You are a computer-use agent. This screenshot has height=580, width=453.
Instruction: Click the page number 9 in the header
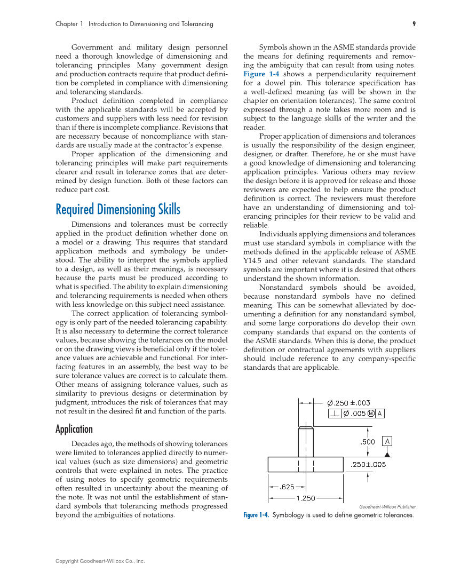414,24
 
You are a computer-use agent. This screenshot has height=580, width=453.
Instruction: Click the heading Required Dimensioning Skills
118,209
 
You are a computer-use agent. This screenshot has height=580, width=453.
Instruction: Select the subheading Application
74,429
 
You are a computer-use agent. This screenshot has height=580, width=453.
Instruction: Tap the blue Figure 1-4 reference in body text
261,74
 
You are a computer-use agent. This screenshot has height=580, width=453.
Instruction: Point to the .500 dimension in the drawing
368,442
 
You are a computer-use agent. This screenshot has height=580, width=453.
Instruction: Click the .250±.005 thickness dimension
367,465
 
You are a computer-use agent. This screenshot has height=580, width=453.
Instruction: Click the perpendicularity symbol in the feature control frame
335,413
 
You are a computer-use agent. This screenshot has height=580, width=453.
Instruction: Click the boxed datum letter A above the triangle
387,441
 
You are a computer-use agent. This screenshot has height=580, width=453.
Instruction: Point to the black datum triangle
388,454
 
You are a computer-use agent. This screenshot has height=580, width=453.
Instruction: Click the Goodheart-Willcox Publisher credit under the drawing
387,506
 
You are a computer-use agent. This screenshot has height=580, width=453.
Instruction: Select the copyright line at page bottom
100,561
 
